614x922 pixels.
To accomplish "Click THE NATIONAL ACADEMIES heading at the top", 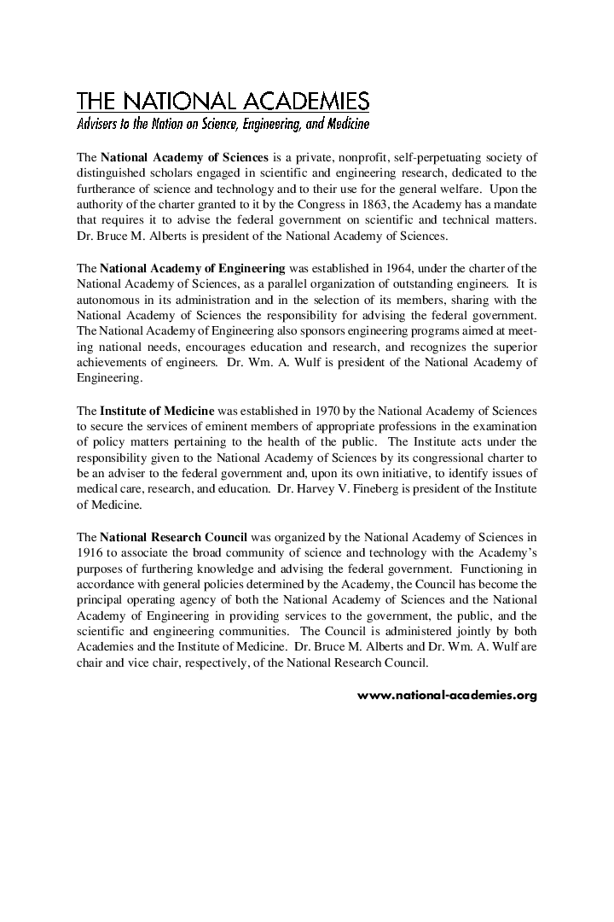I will pyautogui.click(x=223, y=102).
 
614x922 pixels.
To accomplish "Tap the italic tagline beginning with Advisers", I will pyautogui.click(x=223, y=125).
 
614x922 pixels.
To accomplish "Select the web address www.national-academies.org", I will pyautogui.click(x=447, y=695).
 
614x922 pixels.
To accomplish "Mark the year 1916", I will pyautogui.click(x=90, y=552).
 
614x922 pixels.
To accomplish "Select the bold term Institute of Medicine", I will pyautogui.click(x=157, y=410).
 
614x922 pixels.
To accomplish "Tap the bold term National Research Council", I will pyautogui.click(x=173, y=537).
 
